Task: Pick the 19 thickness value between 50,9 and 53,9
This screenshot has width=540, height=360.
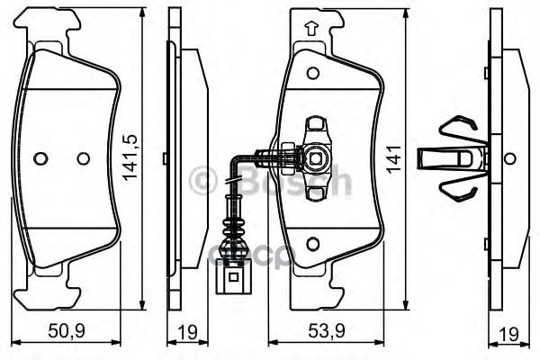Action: (x=186, y=332)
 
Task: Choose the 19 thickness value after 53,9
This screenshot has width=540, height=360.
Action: (x=510, y=332)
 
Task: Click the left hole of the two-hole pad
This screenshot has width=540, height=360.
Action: (x=40, y=158)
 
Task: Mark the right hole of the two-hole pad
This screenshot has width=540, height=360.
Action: (x=84, y=158)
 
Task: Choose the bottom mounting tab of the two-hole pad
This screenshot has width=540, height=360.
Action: (x=52, y=283)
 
